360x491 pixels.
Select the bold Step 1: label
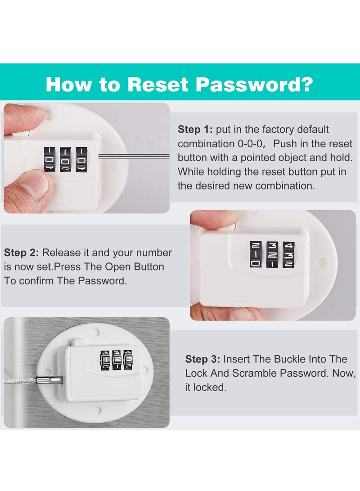click(x=195, y=130)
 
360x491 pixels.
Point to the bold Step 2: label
click(x=21, y=253)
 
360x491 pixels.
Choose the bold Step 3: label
click(x=203, y=359)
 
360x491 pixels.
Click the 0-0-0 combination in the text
click(x=255, y=144)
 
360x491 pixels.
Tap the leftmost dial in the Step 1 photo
click(x=49, y=159)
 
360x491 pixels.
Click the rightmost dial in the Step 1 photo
click(x=81, y=159)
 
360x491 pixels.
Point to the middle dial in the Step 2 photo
click(x=272, y=254)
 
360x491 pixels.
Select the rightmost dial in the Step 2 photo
click(x=288, y=254)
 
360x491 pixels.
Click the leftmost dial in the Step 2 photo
click(x=255, y=254)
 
